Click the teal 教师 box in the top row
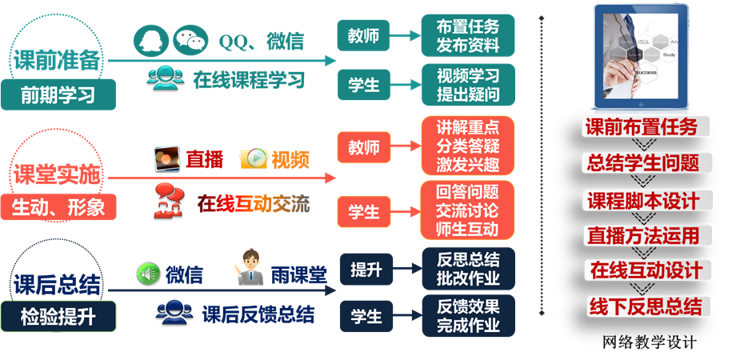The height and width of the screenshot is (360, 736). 364,36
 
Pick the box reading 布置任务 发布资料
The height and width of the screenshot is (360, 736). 468,35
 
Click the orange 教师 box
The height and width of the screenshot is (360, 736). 364,146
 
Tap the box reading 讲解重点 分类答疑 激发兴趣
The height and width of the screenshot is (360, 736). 468,146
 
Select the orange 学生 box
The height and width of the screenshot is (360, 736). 364,212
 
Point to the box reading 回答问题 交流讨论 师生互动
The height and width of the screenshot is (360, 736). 468,210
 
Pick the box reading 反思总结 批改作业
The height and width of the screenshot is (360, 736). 468,269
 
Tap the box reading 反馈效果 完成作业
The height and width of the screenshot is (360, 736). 468,316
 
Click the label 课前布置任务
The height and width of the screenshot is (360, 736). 641,126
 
